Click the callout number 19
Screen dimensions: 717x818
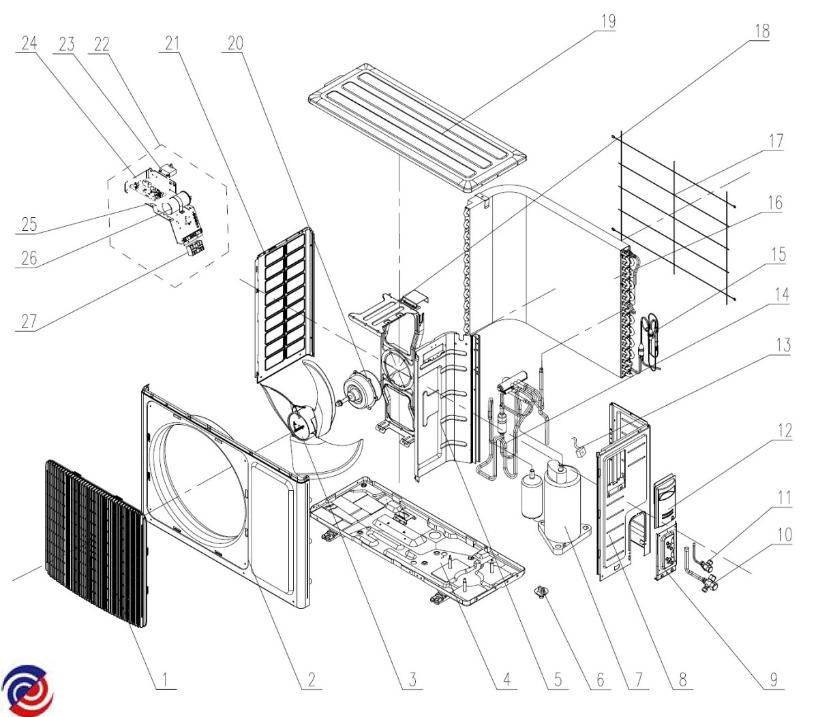[x=607, y=21]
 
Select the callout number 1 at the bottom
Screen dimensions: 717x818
[x=164, y=679]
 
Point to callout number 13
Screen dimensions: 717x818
[x=783, y=345]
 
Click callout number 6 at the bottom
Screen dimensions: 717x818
[x=600, y=679]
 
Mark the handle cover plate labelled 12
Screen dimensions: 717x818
[x=667, y=502]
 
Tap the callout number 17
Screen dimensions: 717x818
[x=775, y=142]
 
